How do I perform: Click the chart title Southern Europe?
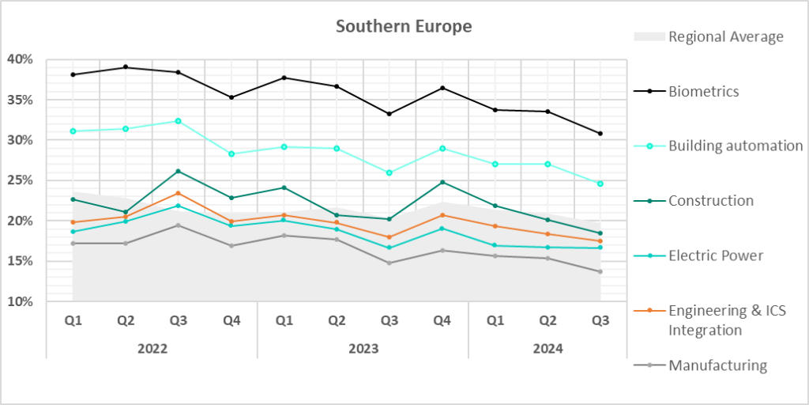point(404,26)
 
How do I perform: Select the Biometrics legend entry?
point(704,91)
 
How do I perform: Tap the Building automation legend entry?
point(736,146)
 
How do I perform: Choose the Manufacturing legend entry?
point(717,365)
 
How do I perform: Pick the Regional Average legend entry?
point(725,36)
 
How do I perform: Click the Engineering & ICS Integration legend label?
point(727,320)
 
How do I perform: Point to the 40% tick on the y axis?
point(21,59)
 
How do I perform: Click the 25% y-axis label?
point(21,180)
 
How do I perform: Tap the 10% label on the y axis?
point(21,301)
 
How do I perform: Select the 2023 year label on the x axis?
point(363,348)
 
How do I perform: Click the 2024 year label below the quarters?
point(547,348)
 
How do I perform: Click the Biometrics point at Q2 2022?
point(126,67)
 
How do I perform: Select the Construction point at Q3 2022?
point(179,171)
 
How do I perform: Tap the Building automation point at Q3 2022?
point(179,121)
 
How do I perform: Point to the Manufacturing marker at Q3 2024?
point(600,271)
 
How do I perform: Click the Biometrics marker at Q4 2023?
point(442,88)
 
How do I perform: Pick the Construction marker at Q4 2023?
point(442,182)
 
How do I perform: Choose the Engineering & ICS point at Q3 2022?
point(179,193)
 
